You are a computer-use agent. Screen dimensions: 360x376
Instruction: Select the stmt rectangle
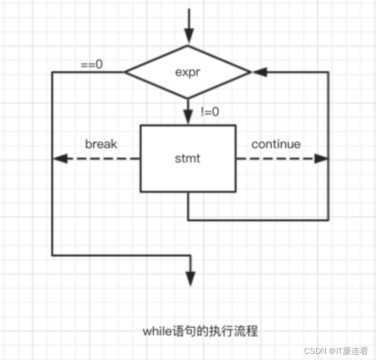coord(188,175)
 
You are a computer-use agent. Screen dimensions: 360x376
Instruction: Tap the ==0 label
coord(92,65)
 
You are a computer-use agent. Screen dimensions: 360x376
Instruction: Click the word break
coord(101,144)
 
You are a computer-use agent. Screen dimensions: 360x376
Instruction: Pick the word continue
coord(276,144)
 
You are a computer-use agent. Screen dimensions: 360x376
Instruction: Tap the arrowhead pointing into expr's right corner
coord(259,72)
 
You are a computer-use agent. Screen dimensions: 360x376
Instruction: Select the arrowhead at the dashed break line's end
coord(60,158)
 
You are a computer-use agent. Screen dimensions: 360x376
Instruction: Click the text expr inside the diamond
coord(188,72)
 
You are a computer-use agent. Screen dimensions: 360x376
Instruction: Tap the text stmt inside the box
coord(187,158)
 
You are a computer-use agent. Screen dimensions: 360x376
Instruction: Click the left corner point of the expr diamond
coord(126,72)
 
